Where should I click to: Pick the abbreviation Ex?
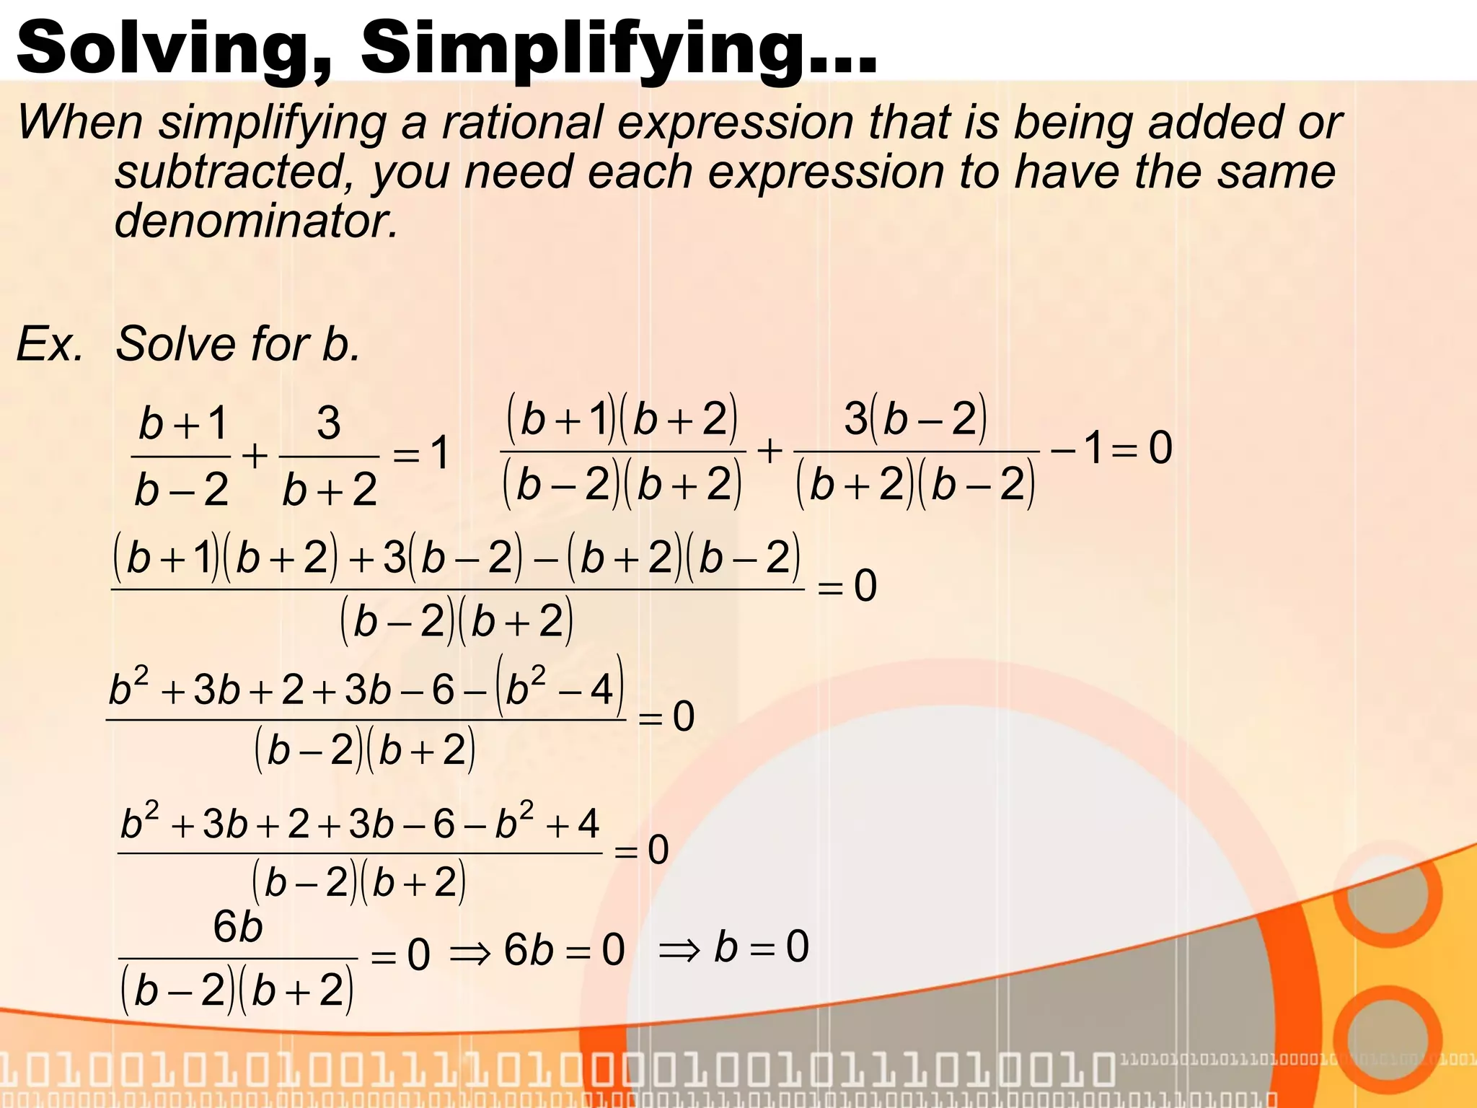coord(49,343)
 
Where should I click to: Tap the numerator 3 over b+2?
coord(329,423)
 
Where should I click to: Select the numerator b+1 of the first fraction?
coord(183,423)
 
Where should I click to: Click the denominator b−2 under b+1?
coord(182,491)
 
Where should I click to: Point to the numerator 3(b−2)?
coord(915,418)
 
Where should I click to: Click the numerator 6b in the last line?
coord(237,927)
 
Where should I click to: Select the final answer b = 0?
coord(762,946)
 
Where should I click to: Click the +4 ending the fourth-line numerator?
coord(573,823)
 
